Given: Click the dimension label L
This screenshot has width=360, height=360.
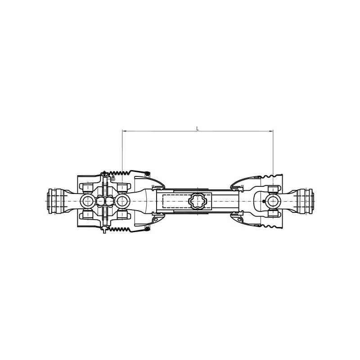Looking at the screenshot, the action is [198, 128].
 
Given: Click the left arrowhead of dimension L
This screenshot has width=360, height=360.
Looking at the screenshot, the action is [124, 131].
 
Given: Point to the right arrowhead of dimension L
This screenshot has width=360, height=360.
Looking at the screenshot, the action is [271, 131].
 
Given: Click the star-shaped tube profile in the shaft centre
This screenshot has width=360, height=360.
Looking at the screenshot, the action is [198, 201].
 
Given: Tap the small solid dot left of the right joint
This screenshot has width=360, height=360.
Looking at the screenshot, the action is [264, 201].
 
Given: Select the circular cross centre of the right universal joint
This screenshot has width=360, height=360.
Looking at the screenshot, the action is [273, 201].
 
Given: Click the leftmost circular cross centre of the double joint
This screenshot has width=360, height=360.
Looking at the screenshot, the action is [87, 201].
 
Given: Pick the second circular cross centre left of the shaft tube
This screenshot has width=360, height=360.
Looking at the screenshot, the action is [122, 201].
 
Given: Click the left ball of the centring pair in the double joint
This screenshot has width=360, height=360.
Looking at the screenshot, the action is [100, 201].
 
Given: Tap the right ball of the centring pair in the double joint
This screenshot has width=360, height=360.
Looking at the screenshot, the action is [109, 201].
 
